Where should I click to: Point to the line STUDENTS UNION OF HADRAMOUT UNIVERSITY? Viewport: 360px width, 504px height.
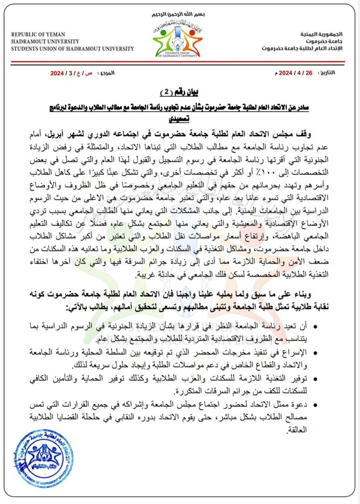coord(72,49)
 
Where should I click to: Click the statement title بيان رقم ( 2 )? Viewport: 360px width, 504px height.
coord(180,90)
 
